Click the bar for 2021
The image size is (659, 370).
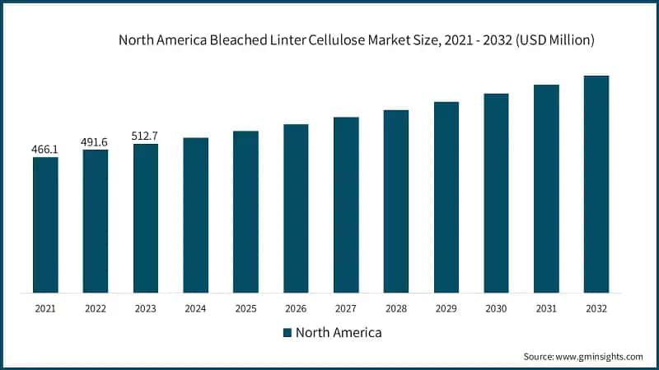[45, 224]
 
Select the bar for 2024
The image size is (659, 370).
[195, 215]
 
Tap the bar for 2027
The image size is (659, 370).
[346, 205]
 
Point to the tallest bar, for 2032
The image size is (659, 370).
[596, 183]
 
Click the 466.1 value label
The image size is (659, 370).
[45, 150]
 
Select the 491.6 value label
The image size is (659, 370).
[95, 142]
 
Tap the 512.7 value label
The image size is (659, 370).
[145, 136]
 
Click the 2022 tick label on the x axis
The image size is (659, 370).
[95, 309]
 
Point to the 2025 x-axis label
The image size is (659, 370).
[245, 309]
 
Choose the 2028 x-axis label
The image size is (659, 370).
[396, 309]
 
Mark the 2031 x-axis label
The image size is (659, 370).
[546, 309]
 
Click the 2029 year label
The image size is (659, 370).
[446, 309]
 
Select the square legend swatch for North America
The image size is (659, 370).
[287, 333]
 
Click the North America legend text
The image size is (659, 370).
[339, 333]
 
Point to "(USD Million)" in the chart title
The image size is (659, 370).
[549, 39]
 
